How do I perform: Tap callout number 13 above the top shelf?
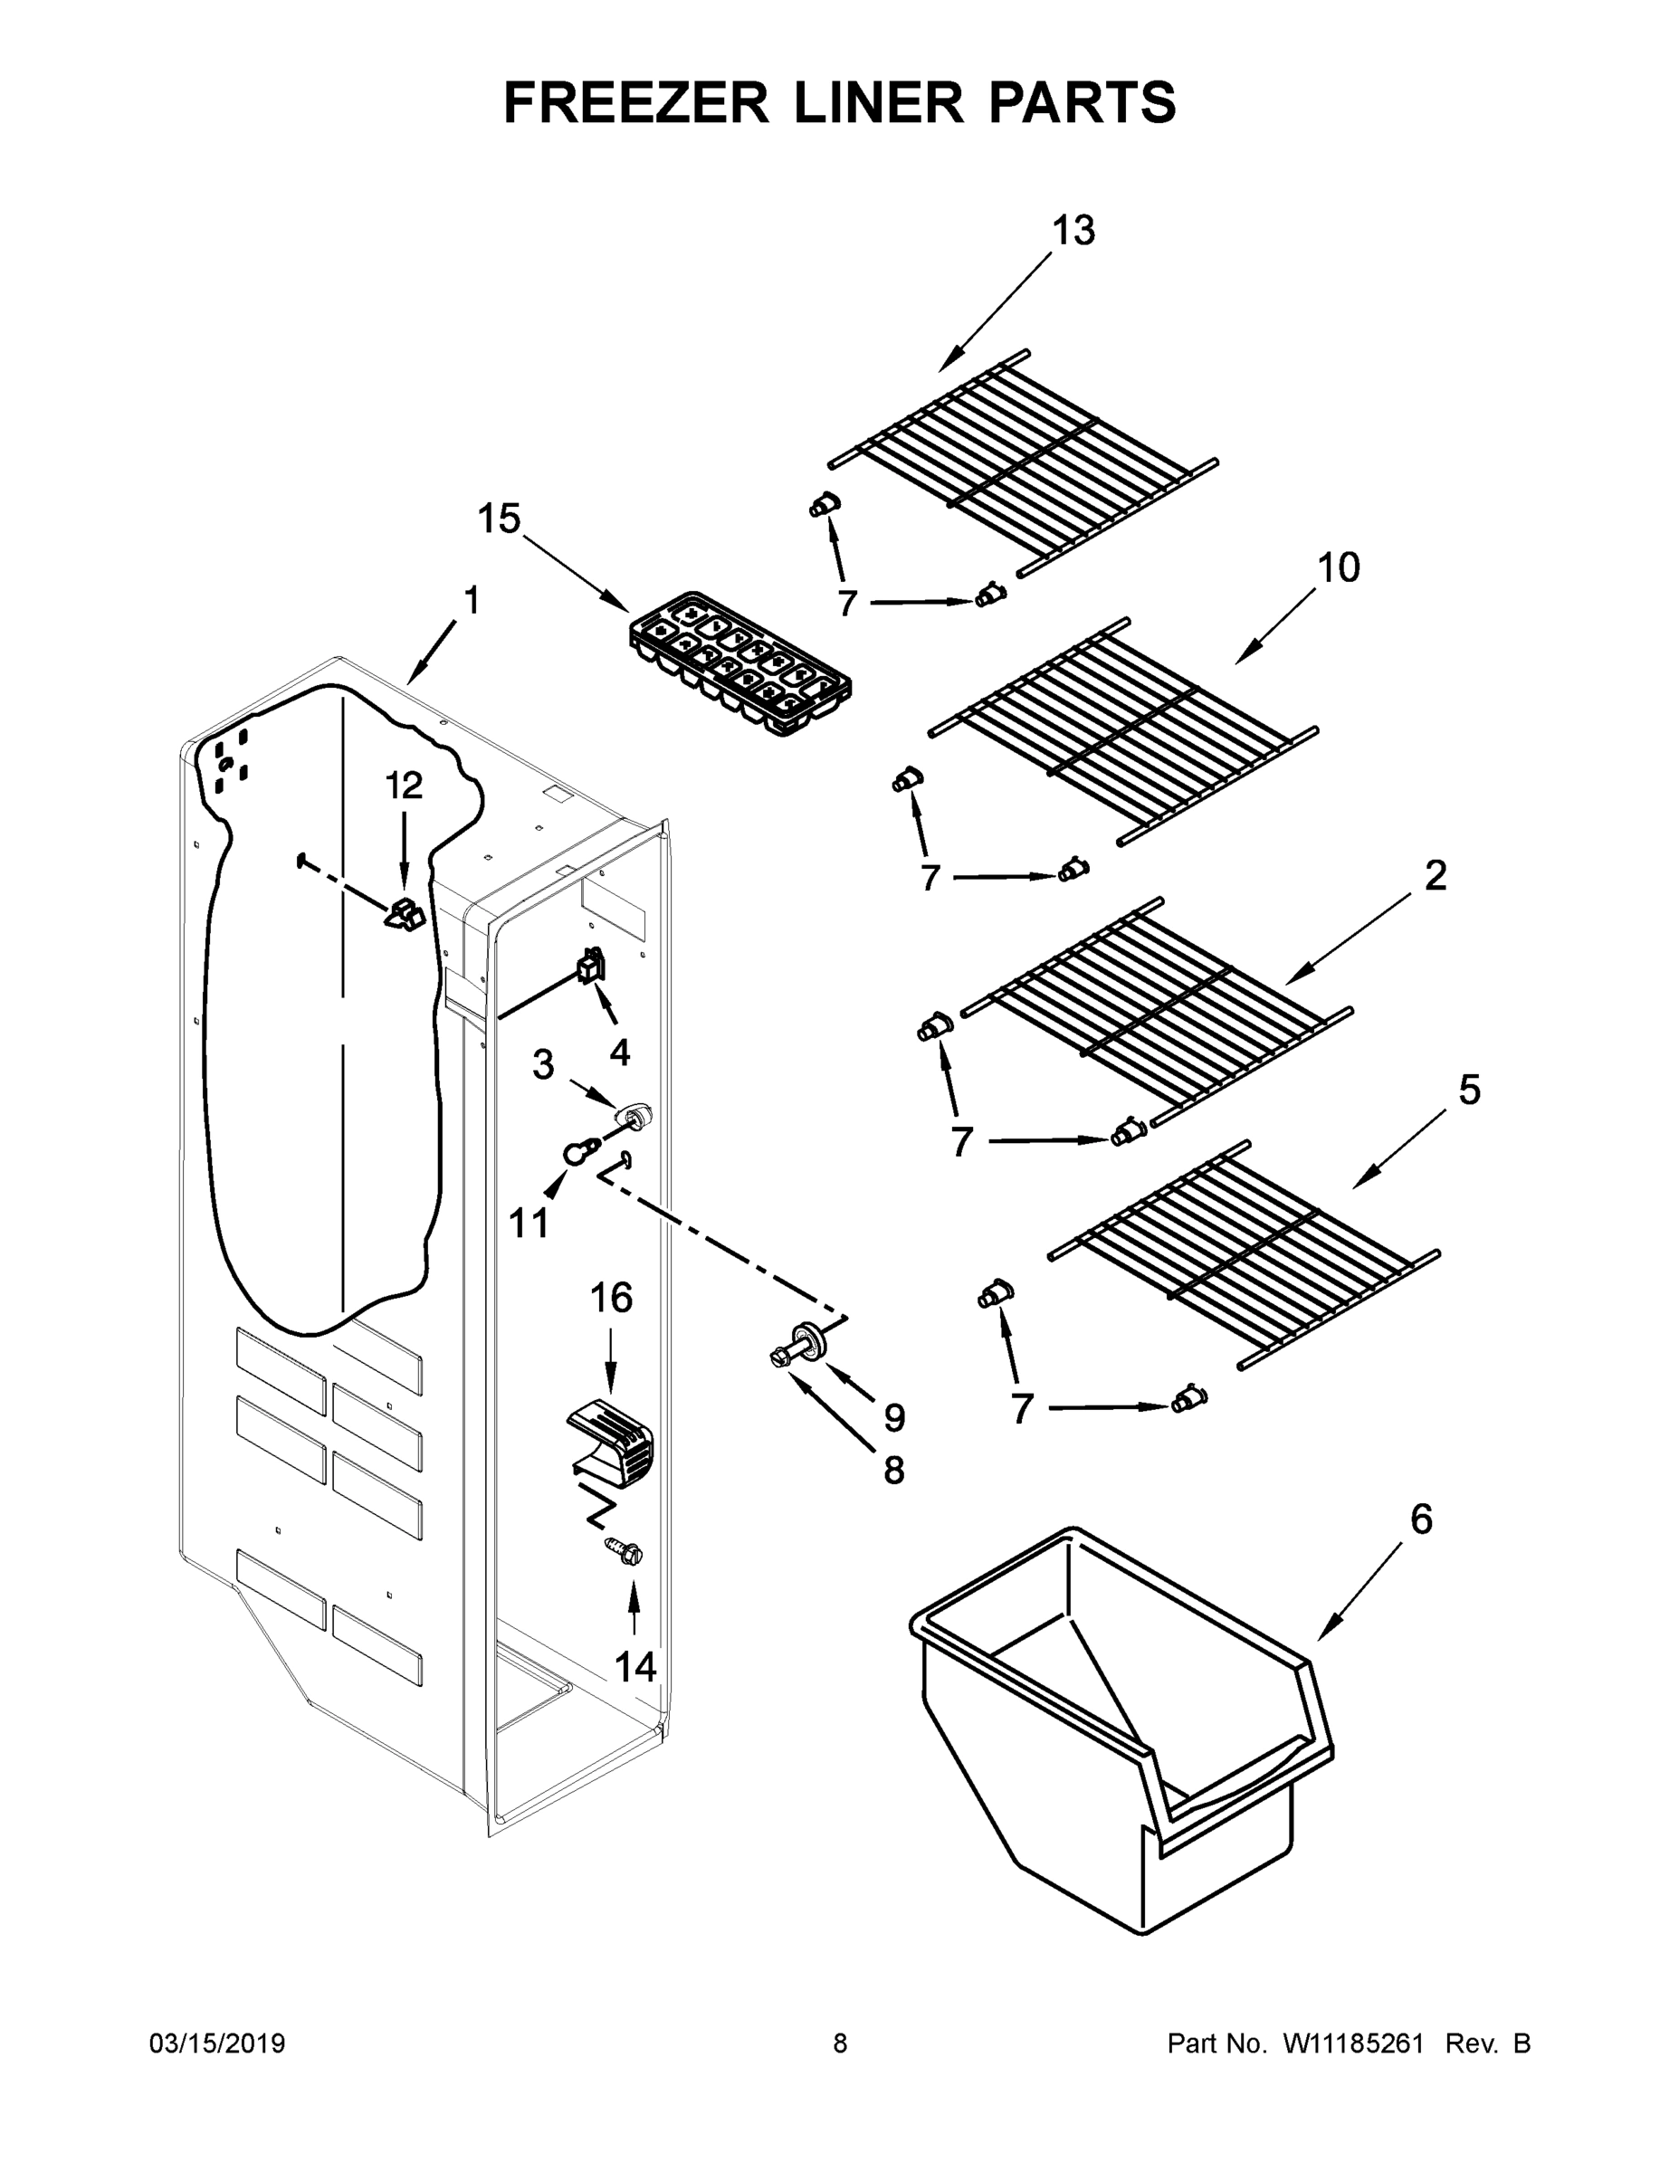point(1073,231)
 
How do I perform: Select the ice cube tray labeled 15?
point(740,664)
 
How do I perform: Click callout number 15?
point(499,519)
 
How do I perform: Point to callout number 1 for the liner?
point(472,601)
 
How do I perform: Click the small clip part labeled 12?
point(403,912)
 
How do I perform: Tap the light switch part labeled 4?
point(591,966)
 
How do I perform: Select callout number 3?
point(542,1064)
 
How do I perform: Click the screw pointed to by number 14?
point(625,1551)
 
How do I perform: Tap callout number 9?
point(894,1418)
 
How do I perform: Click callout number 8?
point(894,1471)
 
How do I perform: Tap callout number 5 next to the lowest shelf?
point(1469,1090)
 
